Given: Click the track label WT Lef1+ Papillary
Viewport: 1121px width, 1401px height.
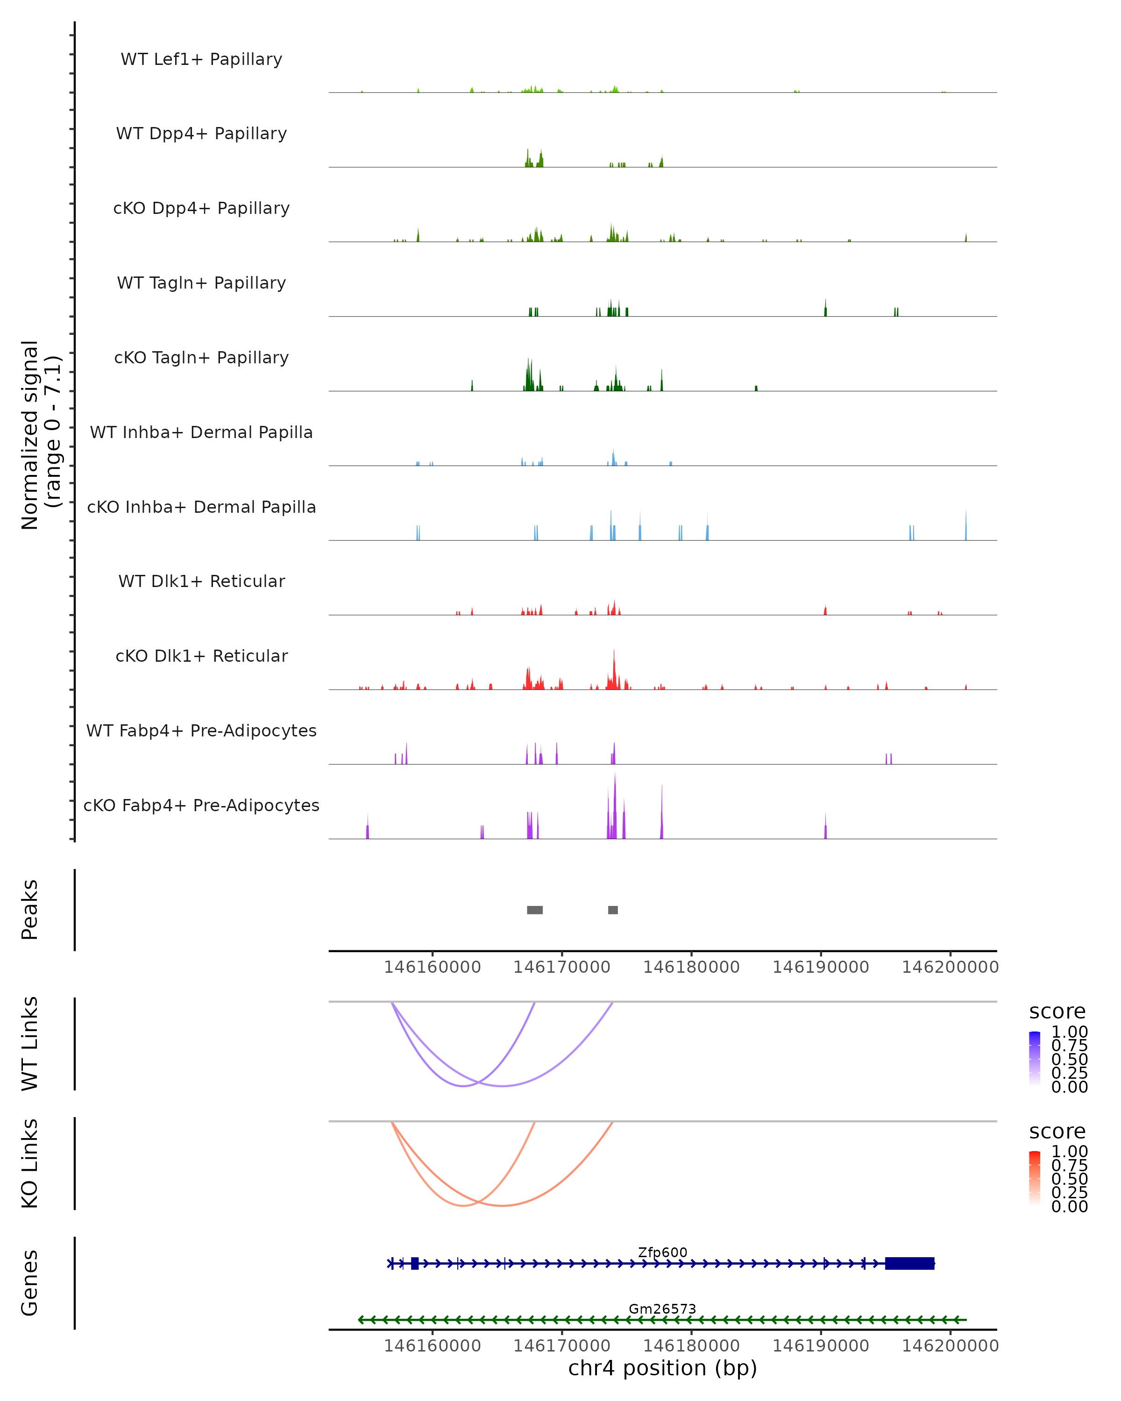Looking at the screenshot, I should [x=201, y=59].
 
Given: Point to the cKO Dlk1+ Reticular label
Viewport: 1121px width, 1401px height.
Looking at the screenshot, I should [x=201, y=656].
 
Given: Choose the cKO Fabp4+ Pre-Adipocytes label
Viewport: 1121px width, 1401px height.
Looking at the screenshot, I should [x=201, y=805].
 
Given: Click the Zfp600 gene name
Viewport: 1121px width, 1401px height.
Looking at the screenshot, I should [x=662, y=1252].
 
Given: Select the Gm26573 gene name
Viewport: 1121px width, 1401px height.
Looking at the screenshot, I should [x=662, y=1309].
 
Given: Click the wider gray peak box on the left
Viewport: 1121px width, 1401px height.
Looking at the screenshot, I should [x=535, y=910].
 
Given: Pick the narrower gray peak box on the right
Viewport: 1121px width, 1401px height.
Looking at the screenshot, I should [x=613, y=910].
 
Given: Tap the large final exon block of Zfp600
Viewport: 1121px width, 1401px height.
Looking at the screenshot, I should [x=910, y=1263].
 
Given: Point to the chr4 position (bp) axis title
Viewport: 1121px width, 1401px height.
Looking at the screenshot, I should [x=662, y=1368].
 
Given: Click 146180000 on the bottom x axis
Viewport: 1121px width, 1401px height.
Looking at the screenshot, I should [x=691, y=1346].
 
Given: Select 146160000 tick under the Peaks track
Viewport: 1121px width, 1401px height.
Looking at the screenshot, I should [x=432, y=967].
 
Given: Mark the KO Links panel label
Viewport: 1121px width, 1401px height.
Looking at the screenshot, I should [x=30, y=1163].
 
